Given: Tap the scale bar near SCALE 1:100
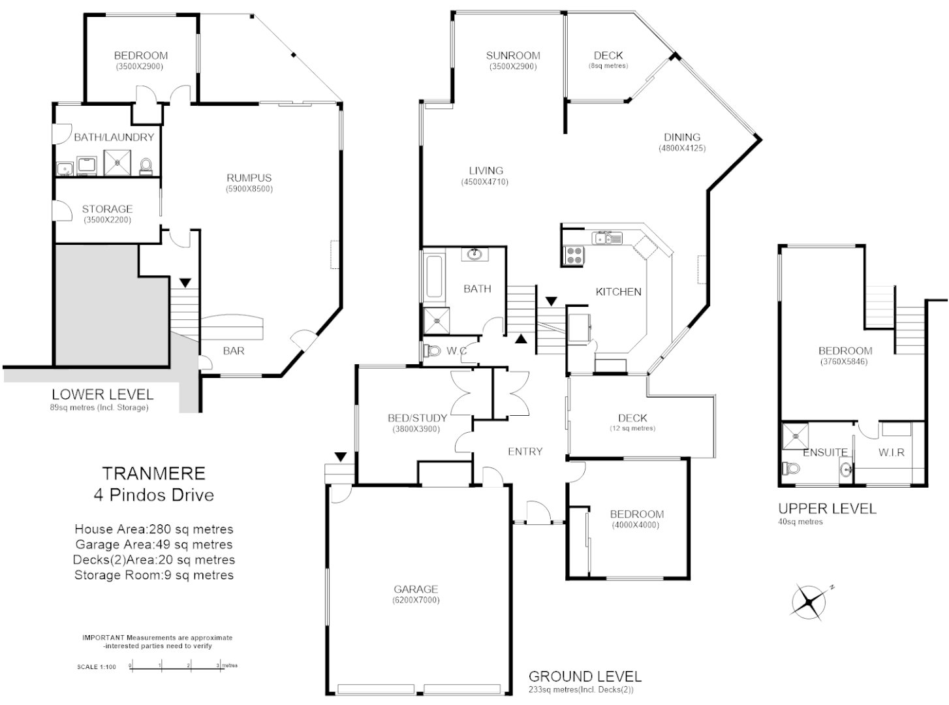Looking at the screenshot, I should click(175, 666).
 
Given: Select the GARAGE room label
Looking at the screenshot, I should click(415, 589).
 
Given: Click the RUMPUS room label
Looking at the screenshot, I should click(249, 178).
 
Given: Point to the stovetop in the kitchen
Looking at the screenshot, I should click(573, 255).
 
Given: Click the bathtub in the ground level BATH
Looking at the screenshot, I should click(433, 278).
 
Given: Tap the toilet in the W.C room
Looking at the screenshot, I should click(433, 351).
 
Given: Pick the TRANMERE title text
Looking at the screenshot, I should click(153, 473).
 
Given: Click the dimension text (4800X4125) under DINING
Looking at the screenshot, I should click(681, 148).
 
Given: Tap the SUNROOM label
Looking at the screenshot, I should click(513, 55).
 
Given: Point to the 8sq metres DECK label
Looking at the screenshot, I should click(608, 56).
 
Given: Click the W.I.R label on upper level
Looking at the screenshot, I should click(891, 452).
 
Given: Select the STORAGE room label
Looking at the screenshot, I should click(107, 209).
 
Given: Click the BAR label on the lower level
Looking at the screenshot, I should click(234, 351).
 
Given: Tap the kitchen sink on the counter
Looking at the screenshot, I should click(607, 238).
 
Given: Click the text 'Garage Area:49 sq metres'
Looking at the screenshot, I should click(154, 544).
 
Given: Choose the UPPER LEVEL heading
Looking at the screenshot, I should click(827, 509).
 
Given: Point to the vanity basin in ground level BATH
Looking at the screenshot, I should click(474, 254).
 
